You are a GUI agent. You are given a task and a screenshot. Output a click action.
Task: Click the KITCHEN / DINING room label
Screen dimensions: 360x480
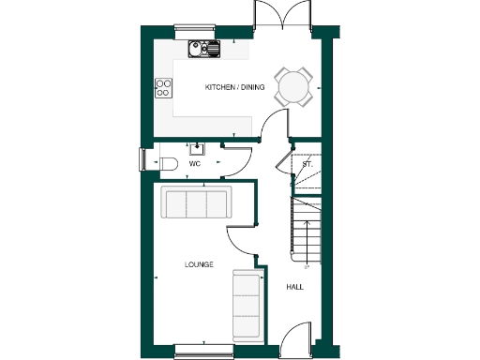[234, 87]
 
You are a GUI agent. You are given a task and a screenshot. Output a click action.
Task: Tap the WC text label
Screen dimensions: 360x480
[195, 164]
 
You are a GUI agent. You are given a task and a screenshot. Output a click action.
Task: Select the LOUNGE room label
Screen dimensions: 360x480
[199, 264]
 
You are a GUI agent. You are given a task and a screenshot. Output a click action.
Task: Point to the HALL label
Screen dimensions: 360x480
[294, 287]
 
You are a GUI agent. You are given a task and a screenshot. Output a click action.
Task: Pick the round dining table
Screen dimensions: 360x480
[293, 87]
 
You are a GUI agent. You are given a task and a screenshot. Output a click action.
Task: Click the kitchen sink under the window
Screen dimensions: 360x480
[202, 48]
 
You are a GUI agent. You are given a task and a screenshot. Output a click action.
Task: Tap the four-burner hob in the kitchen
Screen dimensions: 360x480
[163, 88]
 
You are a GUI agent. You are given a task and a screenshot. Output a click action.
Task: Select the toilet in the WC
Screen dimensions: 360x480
[167, 164]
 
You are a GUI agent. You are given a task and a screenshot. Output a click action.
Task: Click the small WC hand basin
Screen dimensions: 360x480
[198, 147]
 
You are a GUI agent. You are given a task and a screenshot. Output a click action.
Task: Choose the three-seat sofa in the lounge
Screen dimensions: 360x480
[196, 202]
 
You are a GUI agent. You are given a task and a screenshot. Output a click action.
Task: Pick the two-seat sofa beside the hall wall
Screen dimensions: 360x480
[246, 306]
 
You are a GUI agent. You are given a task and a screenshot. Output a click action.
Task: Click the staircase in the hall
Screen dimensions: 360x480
[306, 230]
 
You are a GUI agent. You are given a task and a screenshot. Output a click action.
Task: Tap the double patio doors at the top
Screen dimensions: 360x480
[282, 19]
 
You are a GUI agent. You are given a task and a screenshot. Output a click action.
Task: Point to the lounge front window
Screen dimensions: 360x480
[202, 351]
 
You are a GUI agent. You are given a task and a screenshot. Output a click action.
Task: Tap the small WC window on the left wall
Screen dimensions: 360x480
[142, 160]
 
